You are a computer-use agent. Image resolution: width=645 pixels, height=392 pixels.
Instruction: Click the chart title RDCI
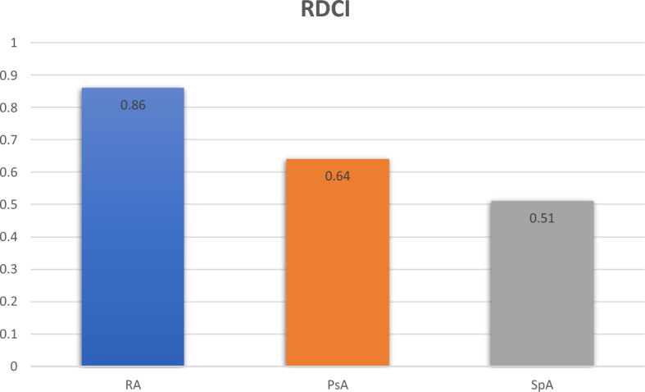325,9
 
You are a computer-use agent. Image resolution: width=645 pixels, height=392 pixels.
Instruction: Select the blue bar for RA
133,226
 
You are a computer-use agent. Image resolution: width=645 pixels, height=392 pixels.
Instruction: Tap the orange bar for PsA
338,262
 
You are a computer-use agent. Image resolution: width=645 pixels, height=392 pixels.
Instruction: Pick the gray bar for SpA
542,283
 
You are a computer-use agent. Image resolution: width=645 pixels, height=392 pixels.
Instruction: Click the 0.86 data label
133,105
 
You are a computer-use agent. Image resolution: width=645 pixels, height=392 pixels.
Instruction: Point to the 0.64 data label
338,176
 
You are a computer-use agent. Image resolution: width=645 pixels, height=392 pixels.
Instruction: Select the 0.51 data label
542,218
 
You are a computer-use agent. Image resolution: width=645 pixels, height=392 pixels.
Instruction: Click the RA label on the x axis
133,385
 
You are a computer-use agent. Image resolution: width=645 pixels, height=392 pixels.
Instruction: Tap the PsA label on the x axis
338,385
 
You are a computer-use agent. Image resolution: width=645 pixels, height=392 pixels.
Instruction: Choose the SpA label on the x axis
542,385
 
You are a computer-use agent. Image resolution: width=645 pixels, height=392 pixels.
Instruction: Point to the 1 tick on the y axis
14,43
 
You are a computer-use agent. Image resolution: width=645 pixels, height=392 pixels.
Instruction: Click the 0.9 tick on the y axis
9,75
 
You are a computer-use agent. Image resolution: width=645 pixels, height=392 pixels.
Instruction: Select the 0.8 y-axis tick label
9,107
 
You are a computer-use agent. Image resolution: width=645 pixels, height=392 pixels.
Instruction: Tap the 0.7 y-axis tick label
9,139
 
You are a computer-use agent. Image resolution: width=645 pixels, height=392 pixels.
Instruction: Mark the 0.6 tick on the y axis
9,172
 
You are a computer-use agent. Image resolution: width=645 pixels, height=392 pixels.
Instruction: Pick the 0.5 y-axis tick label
9,205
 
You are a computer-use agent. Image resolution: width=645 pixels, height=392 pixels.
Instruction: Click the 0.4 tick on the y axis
9,237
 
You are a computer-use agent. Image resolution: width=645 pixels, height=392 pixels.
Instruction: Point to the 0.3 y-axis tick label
9,269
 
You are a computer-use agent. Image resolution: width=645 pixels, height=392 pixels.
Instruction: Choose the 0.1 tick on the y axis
9,334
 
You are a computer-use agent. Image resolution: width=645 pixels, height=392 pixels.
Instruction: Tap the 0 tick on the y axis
14,367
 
